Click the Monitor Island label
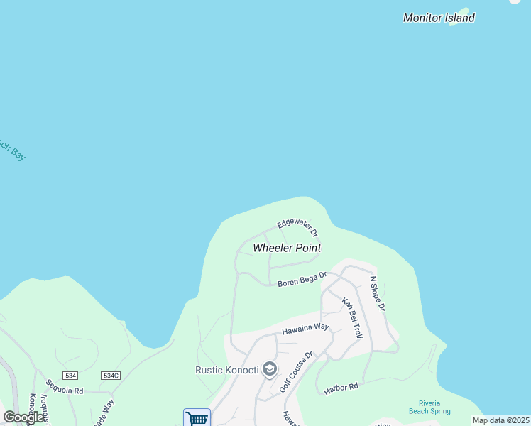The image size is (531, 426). click(x=439, y=18)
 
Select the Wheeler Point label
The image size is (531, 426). click(x=287, y=248)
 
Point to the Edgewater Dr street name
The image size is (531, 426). click(x=297, y=226)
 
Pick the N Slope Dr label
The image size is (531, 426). click(x=377, y=293)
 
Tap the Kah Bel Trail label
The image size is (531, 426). click(x=352, y=317)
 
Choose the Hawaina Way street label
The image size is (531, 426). click(x=305, y=329)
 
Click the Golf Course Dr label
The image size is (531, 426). click(x=296, y=371)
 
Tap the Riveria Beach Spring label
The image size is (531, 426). click(x=429, y=407)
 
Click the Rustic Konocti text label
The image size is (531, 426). click(x=226, y=369)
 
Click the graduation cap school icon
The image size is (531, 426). click(x=269, y=368)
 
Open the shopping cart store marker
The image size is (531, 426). click(x=197, y=418)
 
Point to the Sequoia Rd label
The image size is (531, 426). click(x=65, y=390)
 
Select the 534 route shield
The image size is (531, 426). click(x=70, y=375)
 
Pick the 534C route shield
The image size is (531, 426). click(x=111, y=375)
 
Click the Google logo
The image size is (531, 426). click(x=23, y=417)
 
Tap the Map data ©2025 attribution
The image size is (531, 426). click(x=500, y=420)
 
